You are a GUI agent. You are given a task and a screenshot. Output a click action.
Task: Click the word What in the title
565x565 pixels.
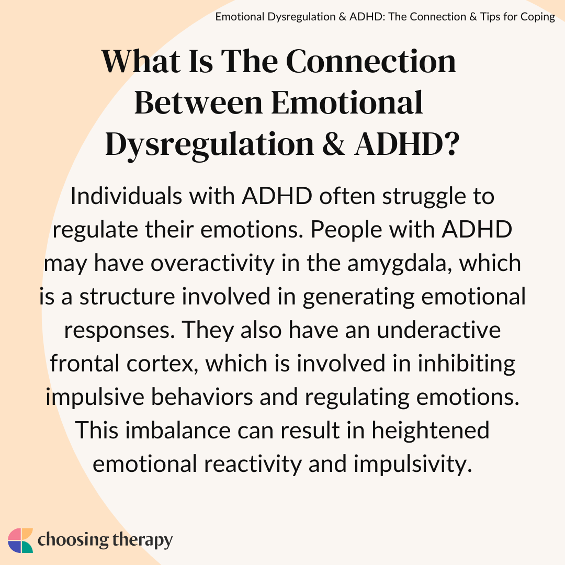(141, 61)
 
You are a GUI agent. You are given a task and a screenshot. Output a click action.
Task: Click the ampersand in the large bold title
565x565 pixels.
(334, 144)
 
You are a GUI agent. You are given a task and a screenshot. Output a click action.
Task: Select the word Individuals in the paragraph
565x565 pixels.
(127, 196)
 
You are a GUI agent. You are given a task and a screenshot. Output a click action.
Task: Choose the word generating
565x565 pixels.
(358, 298)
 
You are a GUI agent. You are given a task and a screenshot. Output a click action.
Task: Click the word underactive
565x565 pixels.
(438, 330)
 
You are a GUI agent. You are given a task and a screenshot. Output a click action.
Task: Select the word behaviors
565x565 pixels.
(201, 397)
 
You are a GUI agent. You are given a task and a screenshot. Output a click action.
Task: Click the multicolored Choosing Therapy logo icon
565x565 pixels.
(20, 540)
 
